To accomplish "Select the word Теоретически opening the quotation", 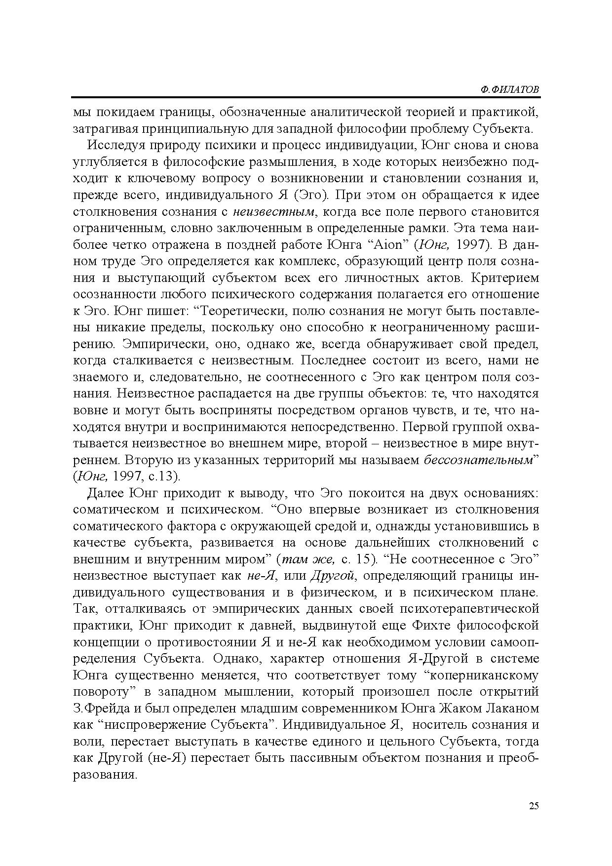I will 243,311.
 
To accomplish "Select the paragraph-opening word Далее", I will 106,493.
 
